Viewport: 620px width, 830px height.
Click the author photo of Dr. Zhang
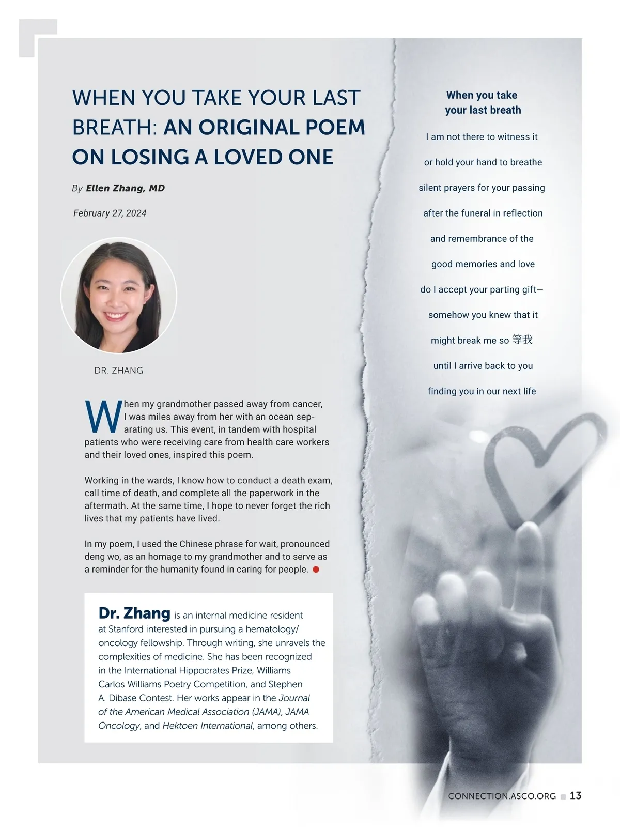pos(119,296)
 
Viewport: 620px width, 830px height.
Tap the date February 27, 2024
pos(110,213)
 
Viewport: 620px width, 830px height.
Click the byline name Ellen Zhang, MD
pos(125,188)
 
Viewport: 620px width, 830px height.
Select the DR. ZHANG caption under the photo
pos(119,371)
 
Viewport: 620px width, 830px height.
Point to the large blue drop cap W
pos(102,417)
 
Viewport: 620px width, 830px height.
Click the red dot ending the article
pos(316,570)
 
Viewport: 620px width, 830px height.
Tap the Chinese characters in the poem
pos(522,340)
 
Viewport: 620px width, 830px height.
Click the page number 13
pos(576,796)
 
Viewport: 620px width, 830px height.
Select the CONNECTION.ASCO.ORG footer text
pos(502,796)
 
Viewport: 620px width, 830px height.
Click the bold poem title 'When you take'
pos(482,95)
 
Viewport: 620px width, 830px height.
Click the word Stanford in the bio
pos(126,629)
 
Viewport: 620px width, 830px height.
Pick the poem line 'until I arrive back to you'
pos(483,366)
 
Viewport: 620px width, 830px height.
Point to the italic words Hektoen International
pos(208,726)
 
